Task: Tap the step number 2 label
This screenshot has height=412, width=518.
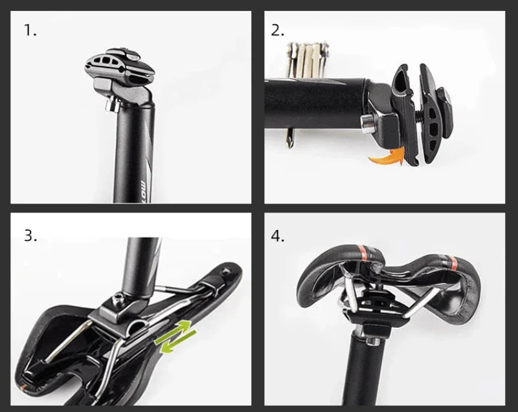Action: [278, 30]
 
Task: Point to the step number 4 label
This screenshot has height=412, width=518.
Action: [278, 235]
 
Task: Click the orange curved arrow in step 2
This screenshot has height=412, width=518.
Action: [386, 155]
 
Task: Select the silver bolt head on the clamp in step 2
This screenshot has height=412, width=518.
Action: [367, 122]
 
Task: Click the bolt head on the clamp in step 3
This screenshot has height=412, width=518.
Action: [118, 297]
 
